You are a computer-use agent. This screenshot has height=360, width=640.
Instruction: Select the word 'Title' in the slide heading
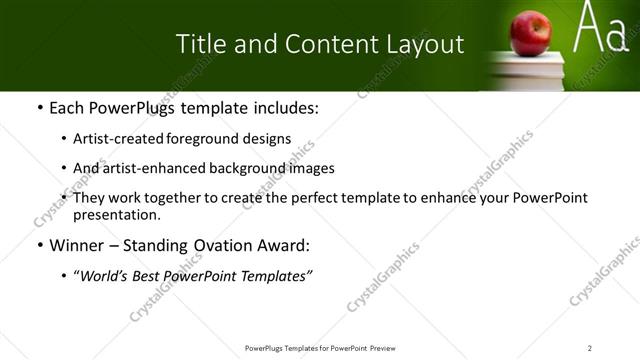pos(200,44)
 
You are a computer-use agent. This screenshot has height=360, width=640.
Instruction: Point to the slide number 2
pos(590,347)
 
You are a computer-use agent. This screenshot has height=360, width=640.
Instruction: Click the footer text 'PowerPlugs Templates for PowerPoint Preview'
pos(319,347)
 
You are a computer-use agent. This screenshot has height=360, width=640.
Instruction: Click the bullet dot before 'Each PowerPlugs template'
pos(38,107)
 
